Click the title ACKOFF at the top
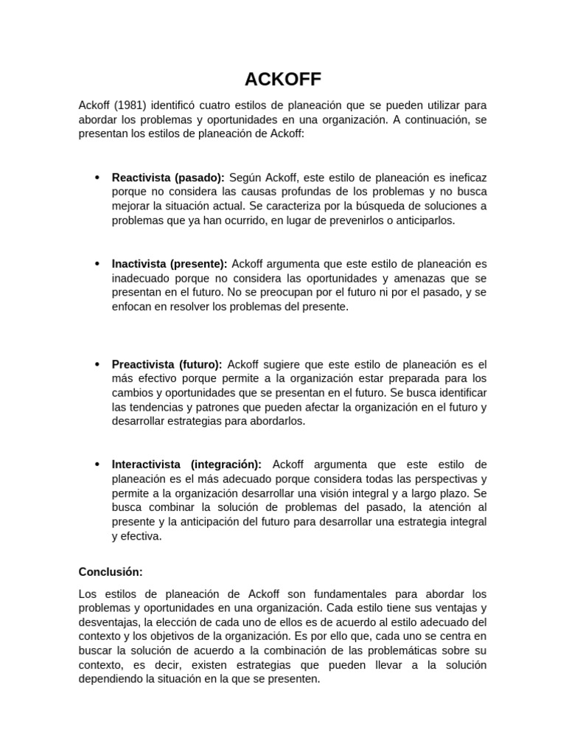click(283, 79)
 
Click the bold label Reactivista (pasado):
click(168, 178)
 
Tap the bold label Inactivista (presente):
click(170, 264)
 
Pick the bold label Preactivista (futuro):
click(167, 364)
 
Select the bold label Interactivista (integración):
click(186, 465)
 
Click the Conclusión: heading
click(111, 571)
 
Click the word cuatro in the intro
click(224, 105)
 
